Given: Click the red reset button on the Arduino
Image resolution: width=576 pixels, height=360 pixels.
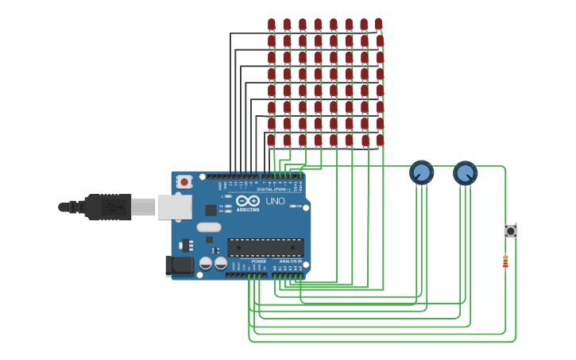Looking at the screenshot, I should tap(184, 181).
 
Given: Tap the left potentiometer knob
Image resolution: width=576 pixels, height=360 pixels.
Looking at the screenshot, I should tap(421, 172).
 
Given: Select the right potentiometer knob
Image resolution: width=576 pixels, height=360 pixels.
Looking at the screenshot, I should tap(465, 172).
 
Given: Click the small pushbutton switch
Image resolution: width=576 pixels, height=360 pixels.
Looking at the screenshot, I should tap(511, 230).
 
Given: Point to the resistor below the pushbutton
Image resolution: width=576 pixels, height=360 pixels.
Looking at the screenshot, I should tap(505, 261).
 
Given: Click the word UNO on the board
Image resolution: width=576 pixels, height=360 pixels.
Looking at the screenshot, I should tap(274, 201).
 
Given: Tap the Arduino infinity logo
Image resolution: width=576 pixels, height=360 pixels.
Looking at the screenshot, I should tap(247, 201).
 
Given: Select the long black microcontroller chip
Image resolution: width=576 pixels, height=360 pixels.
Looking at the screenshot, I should tap(265, 247).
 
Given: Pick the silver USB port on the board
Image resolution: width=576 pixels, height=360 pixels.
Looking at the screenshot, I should tap(174, 207).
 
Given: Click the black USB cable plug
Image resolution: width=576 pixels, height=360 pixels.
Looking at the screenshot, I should tap(107, 207).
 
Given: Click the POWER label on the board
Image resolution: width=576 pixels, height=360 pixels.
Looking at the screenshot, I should tap(259, 261).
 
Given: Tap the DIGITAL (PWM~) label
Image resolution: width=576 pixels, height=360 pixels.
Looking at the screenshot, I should tap(273, 189).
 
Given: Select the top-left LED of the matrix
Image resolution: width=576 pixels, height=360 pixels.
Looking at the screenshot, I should tap(272, 24).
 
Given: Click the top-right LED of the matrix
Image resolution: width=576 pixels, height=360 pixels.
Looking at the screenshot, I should tap(379, 24).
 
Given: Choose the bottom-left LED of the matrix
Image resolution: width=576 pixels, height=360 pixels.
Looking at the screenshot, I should tap(271, 140).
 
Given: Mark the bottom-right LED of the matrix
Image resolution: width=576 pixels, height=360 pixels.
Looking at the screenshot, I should tap(380, 140).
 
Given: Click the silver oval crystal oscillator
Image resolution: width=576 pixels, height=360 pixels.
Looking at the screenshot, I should tap(209, 226).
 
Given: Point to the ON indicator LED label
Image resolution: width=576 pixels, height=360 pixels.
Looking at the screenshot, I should tap(300, 206).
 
